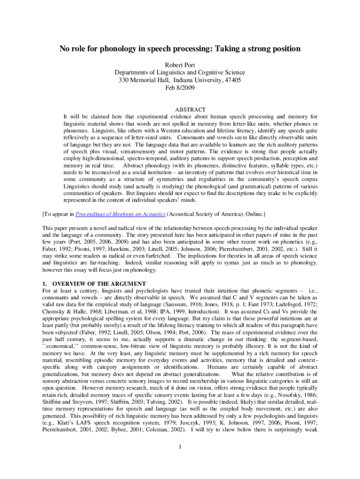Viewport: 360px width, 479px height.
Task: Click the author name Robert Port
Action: tap(180, 65)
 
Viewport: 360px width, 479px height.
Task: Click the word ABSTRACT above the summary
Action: tap(180, 109)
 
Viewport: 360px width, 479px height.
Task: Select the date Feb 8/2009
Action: tap(180, 87)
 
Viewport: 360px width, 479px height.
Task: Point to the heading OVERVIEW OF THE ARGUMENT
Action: tap(100, 284)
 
